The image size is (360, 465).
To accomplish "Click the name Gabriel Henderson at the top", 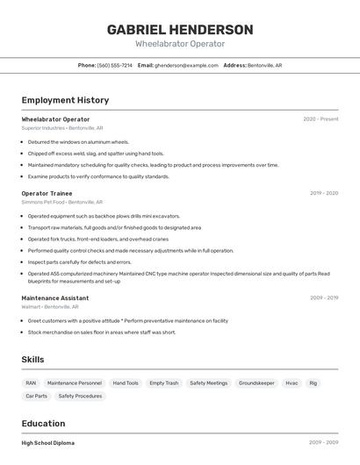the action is [x=180, y=30].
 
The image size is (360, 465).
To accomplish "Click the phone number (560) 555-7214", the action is [x=115, y=65].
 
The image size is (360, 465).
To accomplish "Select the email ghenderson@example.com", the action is [x=186, y=65].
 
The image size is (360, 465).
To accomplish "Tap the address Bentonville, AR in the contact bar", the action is [x=264, y=65].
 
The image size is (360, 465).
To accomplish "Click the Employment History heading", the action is [x=65, y=100].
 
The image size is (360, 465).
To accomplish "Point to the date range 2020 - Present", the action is [x=320, y=119].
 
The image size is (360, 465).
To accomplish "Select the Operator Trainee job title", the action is [x=47, y=193].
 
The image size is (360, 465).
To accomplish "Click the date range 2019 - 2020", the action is [x=323, y=193].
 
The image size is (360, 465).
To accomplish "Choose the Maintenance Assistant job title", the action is [x=54, y=298].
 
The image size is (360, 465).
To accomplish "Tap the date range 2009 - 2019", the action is [x=323, y=298].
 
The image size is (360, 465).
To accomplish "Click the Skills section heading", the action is [x=32, y=360].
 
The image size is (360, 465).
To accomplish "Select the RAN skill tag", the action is [x=31, y=383].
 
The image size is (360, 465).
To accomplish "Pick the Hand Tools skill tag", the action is [x=126, y=383].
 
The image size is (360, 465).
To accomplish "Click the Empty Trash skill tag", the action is [x=163, y=383].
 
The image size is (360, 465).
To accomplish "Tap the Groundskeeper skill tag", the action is [x=256, y=383].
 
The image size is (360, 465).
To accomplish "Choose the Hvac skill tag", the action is [x=292, y=383].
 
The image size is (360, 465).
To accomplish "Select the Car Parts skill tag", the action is [x=36, y=396].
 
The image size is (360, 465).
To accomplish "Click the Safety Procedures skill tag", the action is [x=80, y=396].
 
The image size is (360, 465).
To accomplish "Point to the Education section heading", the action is [x=43, y=423].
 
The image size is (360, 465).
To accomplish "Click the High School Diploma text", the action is [x=47, y=443].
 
